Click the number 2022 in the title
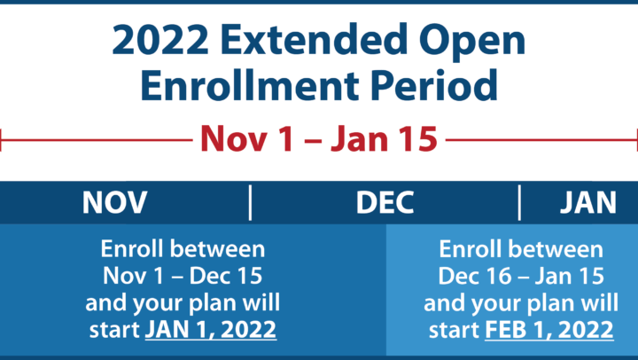pyautogui.click(x=160, y=40)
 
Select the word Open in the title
pyautogui.click(x=472, y=43)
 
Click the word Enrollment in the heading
pyautogui.click(x=250, y=85)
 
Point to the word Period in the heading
pyautogui.click(x=434, y=85)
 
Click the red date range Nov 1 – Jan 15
pyautogui.click(x=319, y=139)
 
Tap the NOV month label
pyautogui.click(x=114, y=202)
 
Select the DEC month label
pyautogui.click(x=385, y=202)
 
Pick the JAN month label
pyautogui.click(x=588, y=202)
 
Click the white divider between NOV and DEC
pyautogui.click(x=250, y=202)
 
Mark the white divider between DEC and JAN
pyautogui.click(x=519, y=202)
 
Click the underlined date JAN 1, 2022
pyautogui.click(x=211, y=330)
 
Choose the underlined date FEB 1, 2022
pyautogui.click(x=549, y=330)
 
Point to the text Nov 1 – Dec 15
pyautogui.click(x=183, y=276)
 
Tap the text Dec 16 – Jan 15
pyautogui.click(x=521, y=276)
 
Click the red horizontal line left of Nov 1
pyautogui.click(x=96, y=140)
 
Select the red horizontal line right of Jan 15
pyautogui.click(x=541, y=140)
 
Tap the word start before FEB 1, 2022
pyautogui.click(x=454, y=330)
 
